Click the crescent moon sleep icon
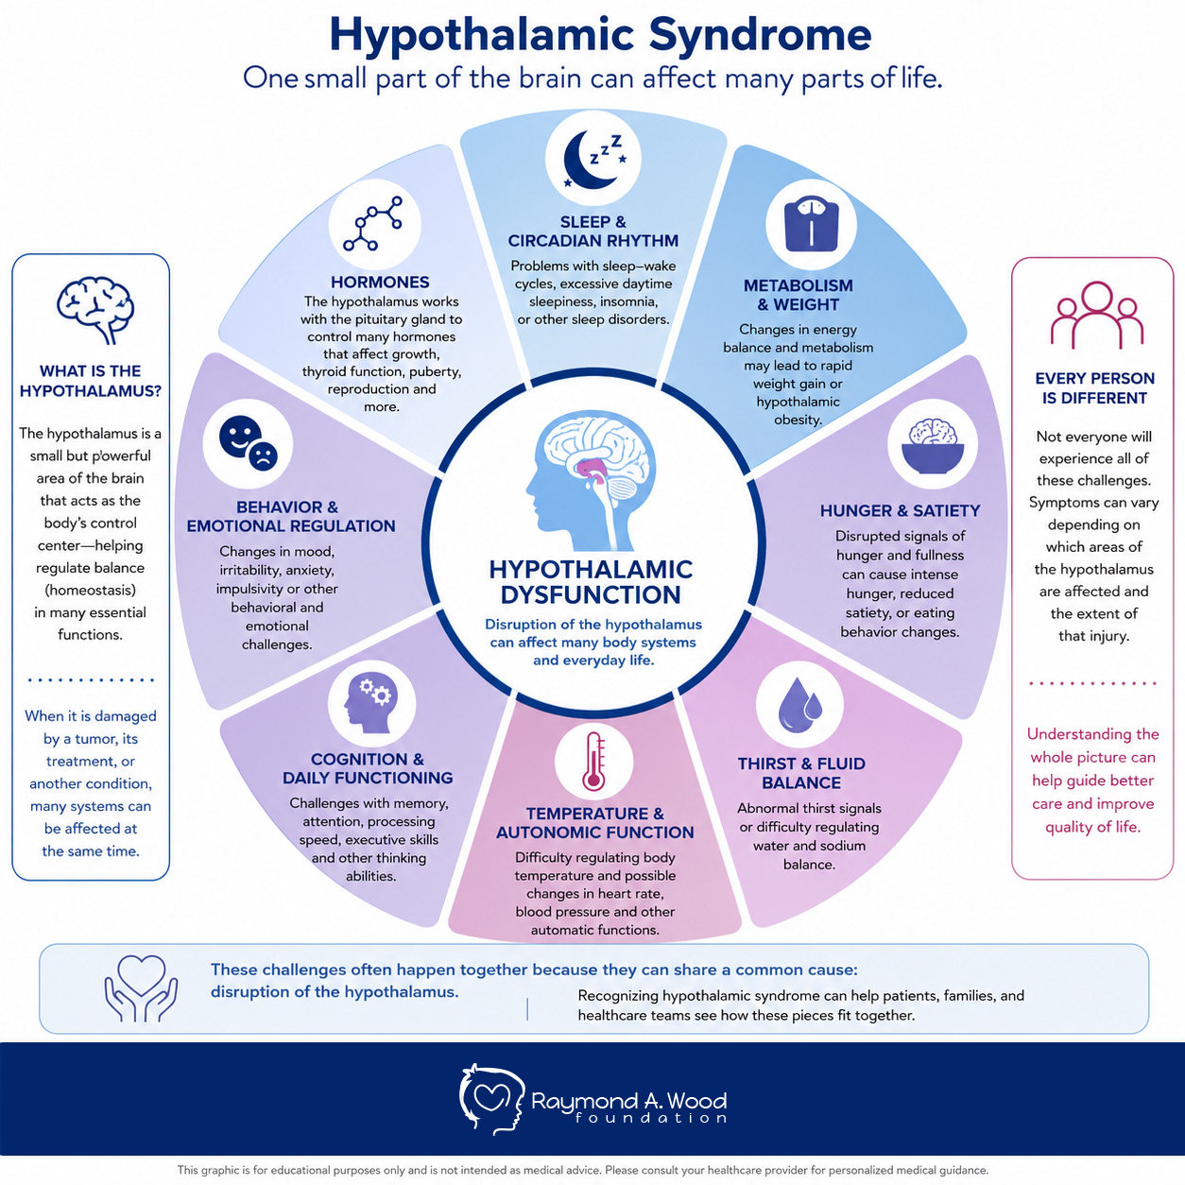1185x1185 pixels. pyautogui.click(x=592, y=160)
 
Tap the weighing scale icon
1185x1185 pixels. pyautogui.click(x=811, y=225)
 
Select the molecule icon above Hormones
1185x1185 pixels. pyautogui.click(x=373, y=224)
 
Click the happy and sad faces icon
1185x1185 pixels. pyautogui.click(x=248, y=443)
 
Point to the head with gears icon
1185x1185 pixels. pyautogui.click(x=371, y=703)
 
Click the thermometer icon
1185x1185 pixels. pyautogui.click(x=594, y=762)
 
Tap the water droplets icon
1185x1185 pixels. pyautogui.click(x=799, y=705)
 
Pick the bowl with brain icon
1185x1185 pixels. pyautogui.click(x=933, y=445)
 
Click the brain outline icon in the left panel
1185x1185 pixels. pyautogui.click(x=94, y=309)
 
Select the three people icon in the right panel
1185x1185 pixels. pyautogui.click(x=1096, y=315)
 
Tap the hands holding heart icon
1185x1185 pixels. pyautogui.click(x=142, y=988)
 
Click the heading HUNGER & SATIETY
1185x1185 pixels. pyautogui.click(x=900, y=510)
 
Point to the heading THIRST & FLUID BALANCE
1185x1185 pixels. pyautogui.click(x=801, y=773)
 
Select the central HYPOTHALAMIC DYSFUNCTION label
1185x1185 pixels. pyautogui.click(x=591, y=582)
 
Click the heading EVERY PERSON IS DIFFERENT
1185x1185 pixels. pyautogui.click(x=1094, y=388)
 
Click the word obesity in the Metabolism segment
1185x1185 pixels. pyautogui.click(x=798, y=420)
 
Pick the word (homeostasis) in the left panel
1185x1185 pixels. pyautogui.click(x=91, y=591)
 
